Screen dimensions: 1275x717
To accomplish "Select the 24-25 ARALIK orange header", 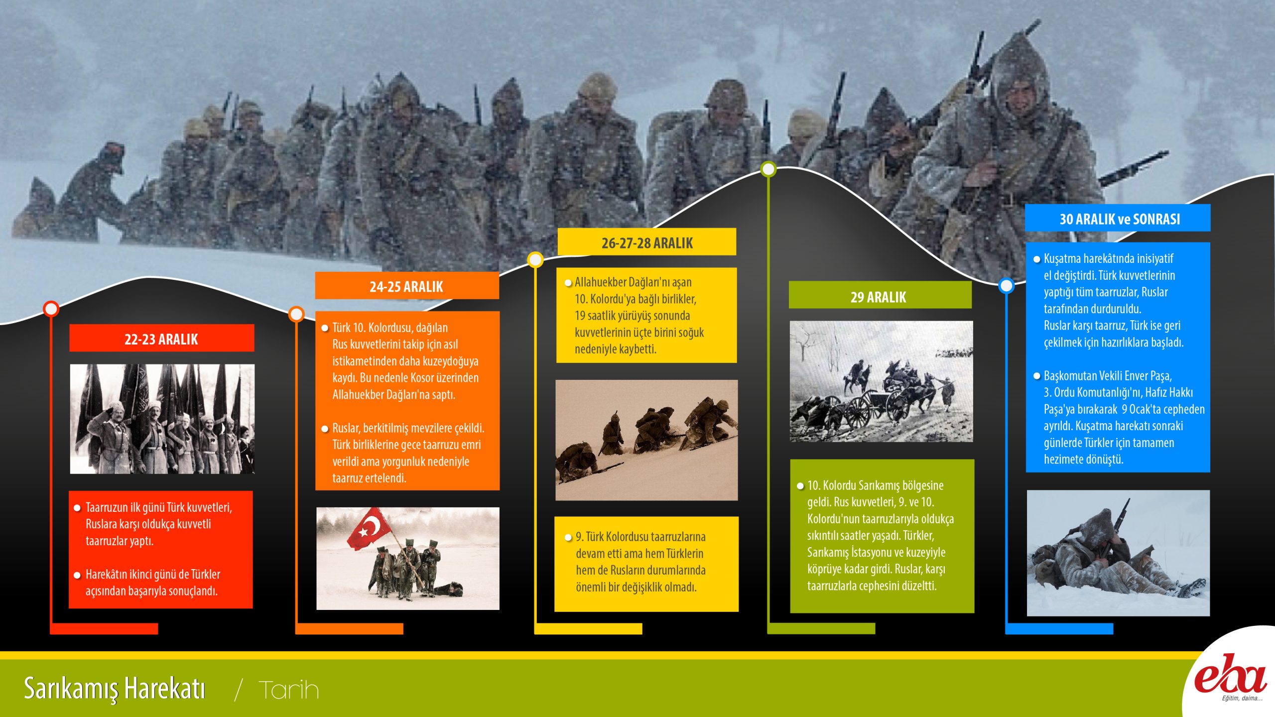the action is coord(407,286).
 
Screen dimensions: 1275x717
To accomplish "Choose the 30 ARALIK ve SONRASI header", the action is coord(1118,218).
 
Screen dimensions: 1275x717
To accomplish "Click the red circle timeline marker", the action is coord(51,309).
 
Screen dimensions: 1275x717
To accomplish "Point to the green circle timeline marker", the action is coord(768,169).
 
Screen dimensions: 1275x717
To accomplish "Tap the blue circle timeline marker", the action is coord(1007,286).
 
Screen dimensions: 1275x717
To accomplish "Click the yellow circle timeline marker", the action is coord(535,259).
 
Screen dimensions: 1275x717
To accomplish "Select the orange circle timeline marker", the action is coord(296,314).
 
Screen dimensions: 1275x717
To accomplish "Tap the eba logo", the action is coord(1230,677).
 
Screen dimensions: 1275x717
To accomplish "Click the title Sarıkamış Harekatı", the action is coord(115,689).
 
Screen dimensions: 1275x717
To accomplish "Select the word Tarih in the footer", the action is coord(289,690).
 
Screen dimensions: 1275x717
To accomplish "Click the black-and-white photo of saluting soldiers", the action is coord(162,419).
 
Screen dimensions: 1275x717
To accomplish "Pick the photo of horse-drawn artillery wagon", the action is coord(881,381).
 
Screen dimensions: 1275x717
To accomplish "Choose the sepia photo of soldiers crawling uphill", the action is coord(646,440).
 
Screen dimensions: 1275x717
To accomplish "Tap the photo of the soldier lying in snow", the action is coord(1118,553).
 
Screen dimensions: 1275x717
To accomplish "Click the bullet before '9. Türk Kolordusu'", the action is coord(568,538).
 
